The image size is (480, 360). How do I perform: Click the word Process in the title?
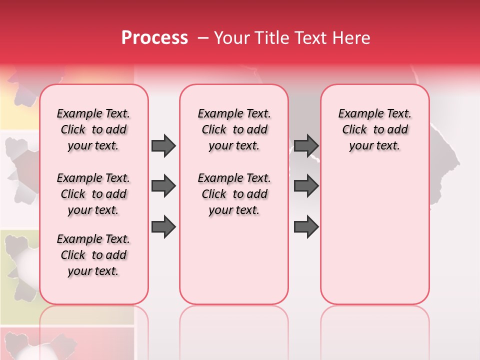point(154,38)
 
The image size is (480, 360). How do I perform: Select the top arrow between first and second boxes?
point(163,145)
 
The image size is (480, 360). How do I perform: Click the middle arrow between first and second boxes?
point(163,186)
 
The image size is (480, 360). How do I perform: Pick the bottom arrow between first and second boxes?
point(163,226)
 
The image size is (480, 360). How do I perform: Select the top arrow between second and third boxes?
point(306,145)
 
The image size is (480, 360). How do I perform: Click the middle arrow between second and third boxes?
point(306,186)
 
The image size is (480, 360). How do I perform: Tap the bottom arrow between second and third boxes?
point(306,226)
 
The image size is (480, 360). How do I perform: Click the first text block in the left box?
point(93,129)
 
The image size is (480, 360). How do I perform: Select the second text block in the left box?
point(93,194)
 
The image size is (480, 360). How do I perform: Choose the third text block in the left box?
point(93,255)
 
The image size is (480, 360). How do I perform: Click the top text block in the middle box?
point(234,129)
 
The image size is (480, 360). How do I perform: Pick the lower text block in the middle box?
point(234,194)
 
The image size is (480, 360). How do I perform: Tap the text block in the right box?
point(374,129)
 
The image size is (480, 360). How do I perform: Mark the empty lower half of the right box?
point(374,240)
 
